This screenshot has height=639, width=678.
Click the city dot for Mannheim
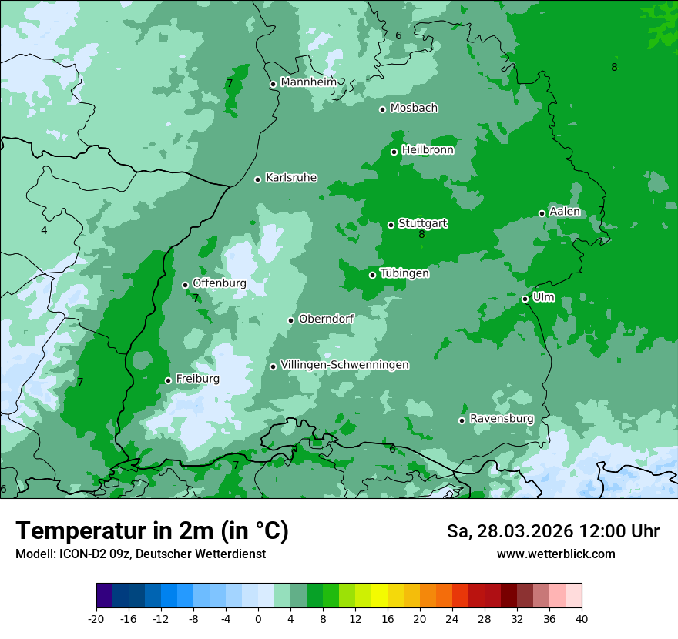[x=273, y=85]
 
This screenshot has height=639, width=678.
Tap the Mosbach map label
[x=414, y=109]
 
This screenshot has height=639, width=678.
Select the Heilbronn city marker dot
[x=394, y=152]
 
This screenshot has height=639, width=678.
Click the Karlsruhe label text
[x=291, y=178]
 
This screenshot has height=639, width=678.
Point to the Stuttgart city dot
[x=391, y=225]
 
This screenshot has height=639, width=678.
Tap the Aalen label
[x=565, y=212]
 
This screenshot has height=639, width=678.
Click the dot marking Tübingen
[x=373, y=275]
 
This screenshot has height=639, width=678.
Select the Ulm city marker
[x=525, y=299]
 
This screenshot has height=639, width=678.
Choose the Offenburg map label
[x=220, y=283]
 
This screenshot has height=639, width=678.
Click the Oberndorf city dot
[x=291, y=320]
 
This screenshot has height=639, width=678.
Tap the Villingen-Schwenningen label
[x=345, y=365]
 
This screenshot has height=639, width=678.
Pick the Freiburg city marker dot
[x=169, y=380]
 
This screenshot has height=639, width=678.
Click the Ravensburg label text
[x=502, y=419]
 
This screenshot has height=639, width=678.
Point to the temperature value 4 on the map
[x=44, y=230]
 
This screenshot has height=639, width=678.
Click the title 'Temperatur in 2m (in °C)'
[x=152, y=530]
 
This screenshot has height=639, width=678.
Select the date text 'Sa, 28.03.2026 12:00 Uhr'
[x=552, y=531]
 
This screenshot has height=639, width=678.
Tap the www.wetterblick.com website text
[x=556, y=554]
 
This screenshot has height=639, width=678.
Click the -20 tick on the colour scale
[x=96, y=619]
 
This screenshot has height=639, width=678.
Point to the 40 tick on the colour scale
[x=582, y=619]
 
